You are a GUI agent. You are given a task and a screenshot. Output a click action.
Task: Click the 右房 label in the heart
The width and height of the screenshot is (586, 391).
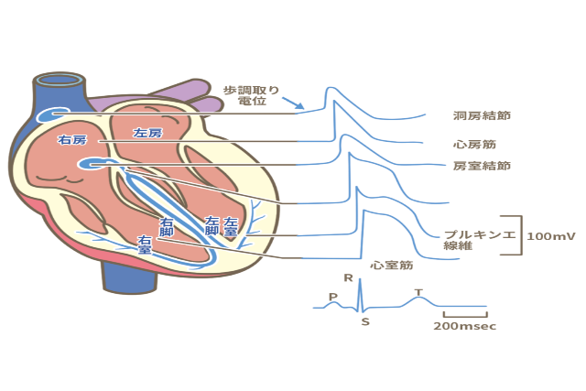pyautogui.click(x=72, y=140)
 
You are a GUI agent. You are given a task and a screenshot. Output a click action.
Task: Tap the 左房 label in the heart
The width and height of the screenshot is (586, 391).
pyautogui.click(x=147, y=133)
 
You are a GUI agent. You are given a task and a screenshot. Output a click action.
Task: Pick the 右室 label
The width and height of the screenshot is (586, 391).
pyautogui.click(x=144, y=244)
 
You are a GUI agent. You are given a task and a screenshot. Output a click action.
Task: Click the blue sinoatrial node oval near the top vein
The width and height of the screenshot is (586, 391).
pyautogui.click(x=50, y=115)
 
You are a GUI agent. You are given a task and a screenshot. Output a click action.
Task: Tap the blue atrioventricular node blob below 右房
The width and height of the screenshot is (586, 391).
pyautogui.click(x=92, y=164)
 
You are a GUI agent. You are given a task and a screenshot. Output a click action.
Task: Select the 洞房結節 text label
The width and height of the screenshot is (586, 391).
pyautogui.click(x=482, y=117)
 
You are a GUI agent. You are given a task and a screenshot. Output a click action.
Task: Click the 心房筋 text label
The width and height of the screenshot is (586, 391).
pyautogui.click(x=475, y=144)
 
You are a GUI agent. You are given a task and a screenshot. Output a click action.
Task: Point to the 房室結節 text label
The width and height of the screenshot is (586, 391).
pyautogui.click(x=482, y=166)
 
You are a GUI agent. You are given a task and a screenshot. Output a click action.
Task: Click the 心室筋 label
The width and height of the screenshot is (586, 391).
pyautogui.click(x=394, y=266)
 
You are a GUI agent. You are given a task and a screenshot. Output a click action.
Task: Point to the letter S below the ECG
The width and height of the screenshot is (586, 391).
pyautogui.click(x=366, y=322)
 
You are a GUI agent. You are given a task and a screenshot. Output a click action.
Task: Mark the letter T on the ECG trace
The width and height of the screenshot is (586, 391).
pyautogui.click(x=418, y=292)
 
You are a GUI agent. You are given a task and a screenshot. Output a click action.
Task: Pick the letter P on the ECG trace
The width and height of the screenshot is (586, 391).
pyautogui.click(x=332, y=296)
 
